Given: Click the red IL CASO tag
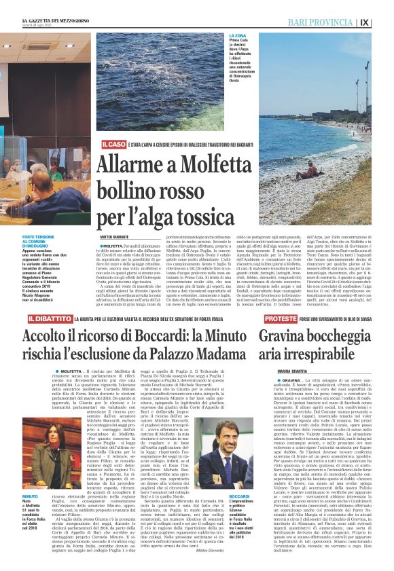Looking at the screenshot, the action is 113,145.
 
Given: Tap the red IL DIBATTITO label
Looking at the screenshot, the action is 49,318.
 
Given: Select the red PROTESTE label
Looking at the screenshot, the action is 279,318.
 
